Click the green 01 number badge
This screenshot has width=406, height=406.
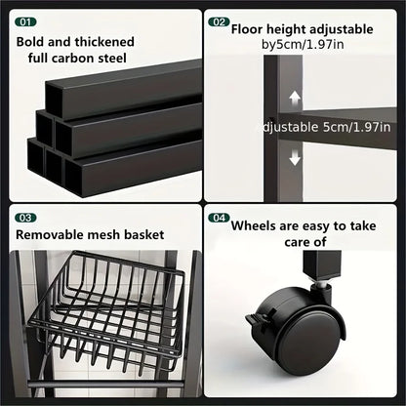point(25,22)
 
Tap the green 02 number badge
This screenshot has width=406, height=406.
point(219,22)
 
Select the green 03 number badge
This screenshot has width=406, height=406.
point(25,218)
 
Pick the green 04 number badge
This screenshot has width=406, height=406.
point(219,218)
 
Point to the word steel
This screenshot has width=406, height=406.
point(112,59)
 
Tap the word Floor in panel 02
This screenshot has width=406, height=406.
point(247,29)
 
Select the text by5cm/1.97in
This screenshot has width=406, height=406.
point(303,44)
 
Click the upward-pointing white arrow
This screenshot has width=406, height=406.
point(295,98)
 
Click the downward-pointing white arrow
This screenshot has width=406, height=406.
point(295,157)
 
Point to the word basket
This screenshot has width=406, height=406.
point(144,234)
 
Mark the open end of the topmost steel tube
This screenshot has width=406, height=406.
point(54,100)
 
